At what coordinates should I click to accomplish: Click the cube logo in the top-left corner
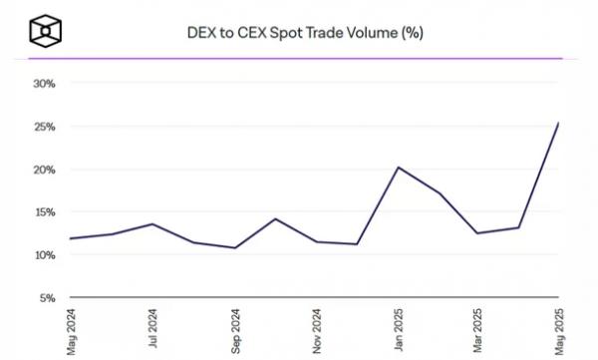click(46, 30)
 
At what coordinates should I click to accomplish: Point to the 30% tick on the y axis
click(44, 84)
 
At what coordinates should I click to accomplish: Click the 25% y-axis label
click(44, 127)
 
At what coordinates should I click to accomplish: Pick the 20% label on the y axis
click(44, 170)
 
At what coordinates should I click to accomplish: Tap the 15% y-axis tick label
click(44, 212)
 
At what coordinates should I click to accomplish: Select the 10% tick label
click(44, 255)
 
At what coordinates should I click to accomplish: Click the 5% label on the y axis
click(47, 298)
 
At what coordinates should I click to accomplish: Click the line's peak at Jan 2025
click(398, 168)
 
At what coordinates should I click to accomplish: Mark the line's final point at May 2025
click(558, 123)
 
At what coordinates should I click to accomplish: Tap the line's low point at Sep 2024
click(234, 247)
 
